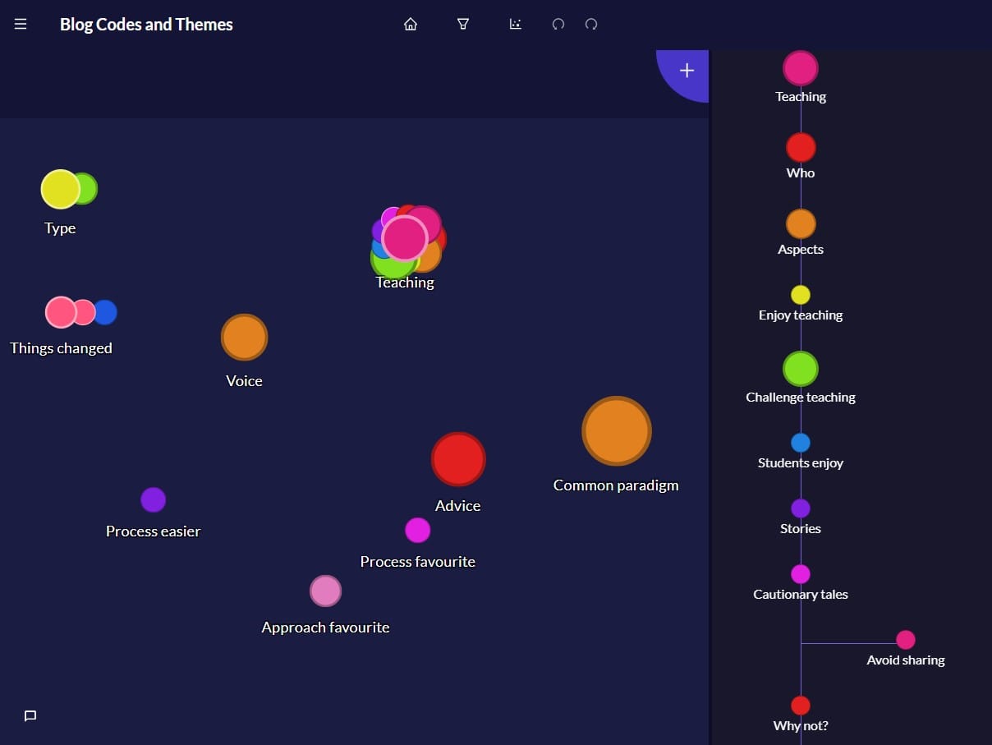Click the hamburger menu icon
(21, 25)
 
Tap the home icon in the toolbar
(411, 25)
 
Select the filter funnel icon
(463, 25)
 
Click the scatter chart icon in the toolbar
(515, 25)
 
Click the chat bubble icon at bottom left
(30, 716)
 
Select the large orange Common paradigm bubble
(617, 431)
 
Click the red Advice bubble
(458, 460)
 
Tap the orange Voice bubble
(244, 338)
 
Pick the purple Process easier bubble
(153, 499)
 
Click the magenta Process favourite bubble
(417, 531)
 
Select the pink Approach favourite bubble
(325, 591)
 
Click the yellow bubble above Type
(60, 190)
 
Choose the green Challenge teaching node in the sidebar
(800, 369)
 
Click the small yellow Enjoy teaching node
(800, 295)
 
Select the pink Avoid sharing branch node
(905, 640)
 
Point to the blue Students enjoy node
(800, 443)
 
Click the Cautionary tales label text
(800, 595)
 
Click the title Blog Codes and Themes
(146, 25)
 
